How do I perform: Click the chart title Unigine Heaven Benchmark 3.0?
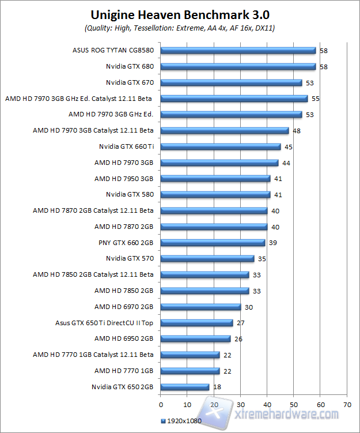point(180,14)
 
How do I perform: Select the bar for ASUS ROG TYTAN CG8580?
point(238,51)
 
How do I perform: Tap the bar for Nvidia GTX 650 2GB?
point(185,387)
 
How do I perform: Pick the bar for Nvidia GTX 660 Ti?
point(221,146)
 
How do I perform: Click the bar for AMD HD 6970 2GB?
point(201,307)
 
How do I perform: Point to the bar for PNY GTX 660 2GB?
point(213,243)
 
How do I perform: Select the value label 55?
point(316,99)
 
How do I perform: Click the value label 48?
point(297,131)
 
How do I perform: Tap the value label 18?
point(217,387)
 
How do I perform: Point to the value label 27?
point(241,323)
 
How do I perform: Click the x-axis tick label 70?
point(347,404)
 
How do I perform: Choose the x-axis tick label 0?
point(161,404)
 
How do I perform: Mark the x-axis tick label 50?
point(294,404)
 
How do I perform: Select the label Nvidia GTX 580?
point(130,194)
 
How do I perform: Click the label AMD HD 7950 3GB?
point(124,179)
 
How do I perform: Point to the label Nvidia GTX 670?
point(130,82)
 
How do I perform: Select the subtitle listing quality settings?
point(180,28)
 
